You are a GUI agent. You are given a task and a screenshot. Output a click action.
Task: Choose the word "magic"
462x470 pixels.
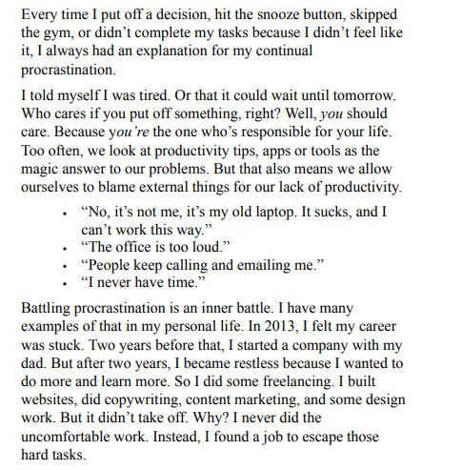click(x=41, y=169)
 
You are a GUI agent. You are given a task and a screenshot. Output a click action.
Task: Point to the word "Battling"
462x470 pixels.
click(x=49, y=310)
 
